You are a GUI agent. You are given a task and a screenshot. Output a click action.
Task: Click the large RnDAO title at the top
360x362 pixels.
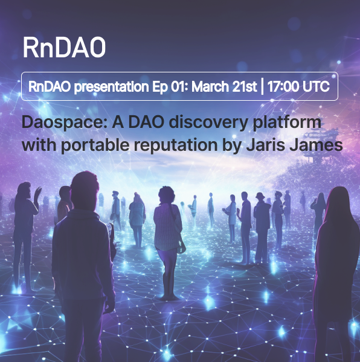tap(64, 48)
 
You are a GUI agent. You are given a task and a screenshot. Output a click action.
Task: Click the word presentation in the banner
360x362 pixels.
tap(111, 87)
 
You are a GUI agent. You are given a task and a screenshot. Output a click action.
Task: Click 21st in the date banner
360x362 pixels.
tap(245, 86)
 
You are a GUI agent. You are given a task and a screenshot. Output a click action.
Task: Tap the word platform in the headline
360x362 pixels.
tap(287, 122)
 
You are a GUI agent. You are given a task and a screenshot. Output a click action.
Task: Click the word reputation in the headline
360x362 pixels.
tap(176, 145)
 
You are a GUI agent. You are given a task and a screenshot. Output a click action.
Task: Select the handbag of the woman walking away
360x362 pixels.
tap(181, 247)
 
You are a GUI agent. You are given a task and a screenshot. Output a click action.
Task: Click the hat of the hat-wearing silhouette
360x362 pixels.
tap(260, 195)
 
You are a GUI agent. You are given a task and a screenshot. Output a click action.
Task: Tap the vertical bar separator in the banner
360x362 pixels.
tap(262, 86)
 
